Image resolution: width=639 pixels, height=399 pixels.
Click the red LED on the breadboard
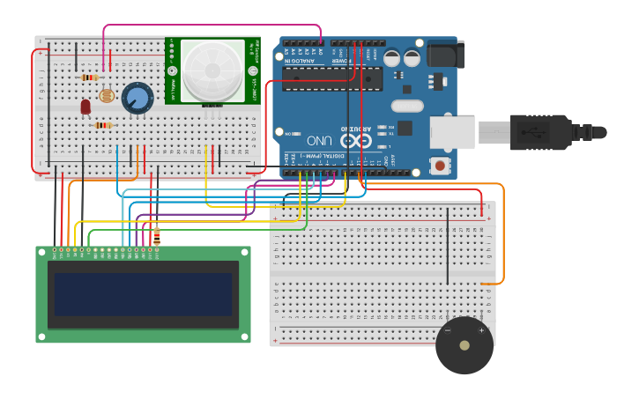tap(85, 107)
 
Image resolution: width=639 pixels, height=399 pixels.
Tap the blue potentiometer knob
tap(137, 97)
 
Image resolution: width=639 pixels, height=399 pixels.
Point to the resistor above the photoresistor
tap(90, 78)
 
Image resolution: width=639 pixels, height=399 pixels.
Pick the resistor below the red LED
tap(103, 125)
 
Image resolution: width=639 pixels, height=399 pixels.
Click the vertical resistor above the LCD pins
tap(157, 235)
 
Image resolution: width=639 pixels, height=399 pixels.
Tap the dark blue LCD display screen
tap(143, 294)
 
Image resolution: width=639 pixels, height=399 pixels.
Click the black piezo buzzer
tap(464, 345)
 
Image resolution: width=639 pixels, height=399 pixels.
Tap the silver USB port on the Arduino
tap(452, 131)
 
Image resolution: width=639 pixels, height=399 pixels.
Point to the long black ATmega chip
tap(332, 79)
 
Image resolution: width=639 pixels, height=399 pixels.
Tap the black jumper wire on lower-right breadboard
tap(447, 247)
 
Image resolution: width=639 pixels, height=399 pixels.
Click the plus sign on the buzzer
tap(481, 330)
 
